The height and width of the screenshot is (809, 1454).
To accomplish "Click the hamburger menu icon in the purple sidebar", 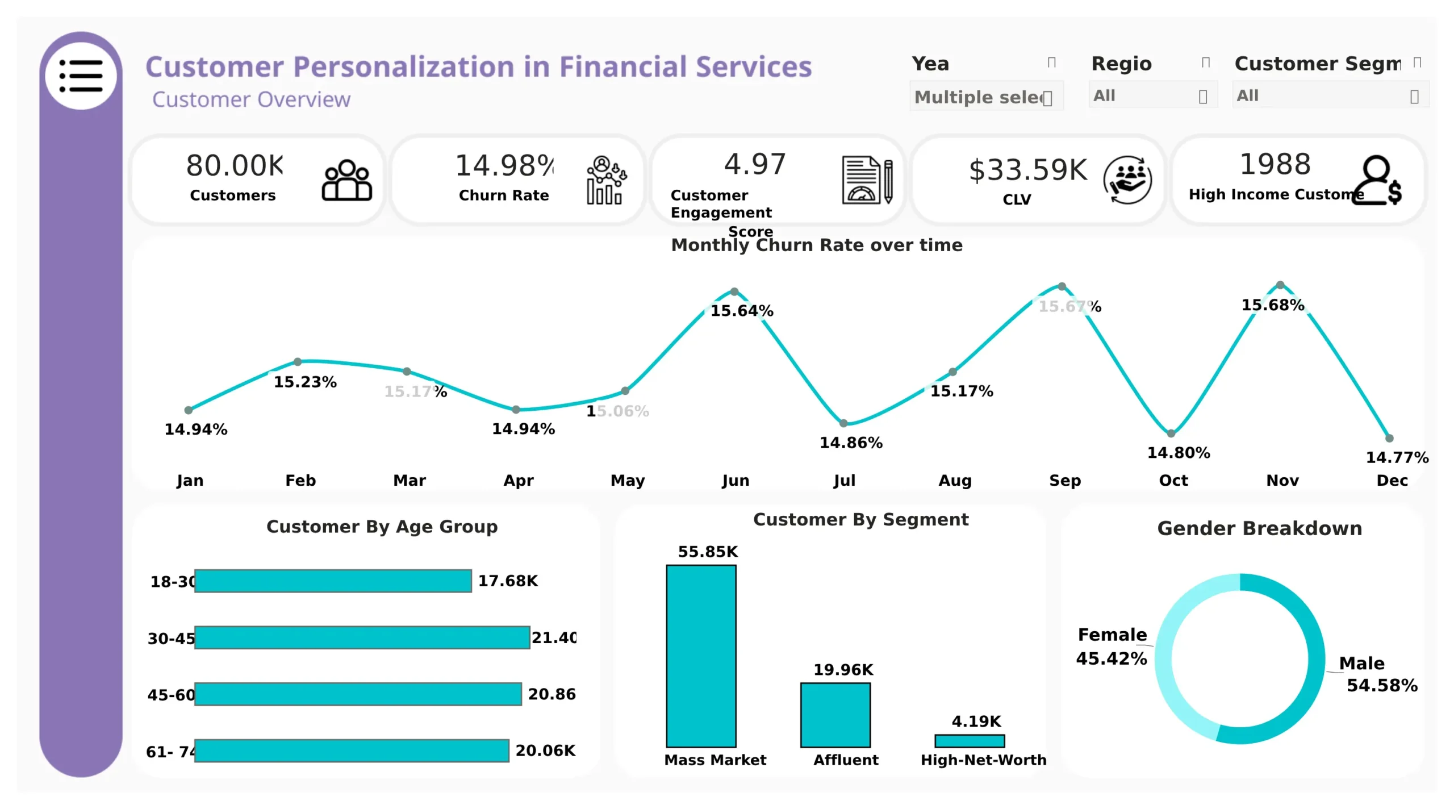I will (81, 76).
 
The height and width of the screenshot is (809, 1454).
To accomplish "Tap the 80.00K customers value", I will (235, 165).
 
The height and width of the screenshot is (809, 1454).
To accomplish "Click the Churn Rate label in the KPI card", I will (503, 195).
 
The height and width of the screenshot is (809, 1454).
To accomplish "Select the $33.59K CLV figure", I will (1027, 170).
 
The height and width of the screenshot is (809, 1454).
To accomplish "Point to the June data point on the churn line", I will (734, 291).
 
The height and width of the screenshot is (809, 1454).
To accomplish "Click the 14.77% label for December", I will (1397, 457).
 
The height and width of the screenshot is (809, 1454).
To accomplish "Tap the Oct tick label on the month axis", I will (1173, 481).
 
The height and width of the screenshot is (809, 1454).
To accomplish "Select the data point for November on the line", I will (1280, 285).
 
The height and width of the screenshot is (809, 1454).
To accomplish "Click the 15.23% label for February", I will (305, 382).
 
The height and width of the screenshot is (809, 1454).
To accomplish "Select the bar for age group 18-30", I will (333, 581).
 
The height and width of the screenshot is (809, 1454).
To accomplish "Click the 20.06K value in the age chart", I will (545, 750).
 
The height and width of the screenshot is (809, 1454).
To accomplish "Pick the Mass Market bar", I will (701, 656).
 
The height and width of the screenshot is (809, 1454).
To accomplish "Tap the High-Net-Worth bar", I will (970, 741).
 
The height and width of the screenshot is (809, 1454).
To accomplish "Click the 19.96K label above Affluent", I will (843, 670).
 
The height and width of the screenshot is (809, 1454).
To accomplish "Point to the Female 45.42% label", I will (1112, 647).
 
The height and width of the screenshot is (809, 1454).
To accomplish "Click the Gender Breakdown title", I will (1259, 528).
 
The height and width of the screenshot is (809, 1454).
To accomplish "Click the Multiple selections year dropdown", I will (985, 97).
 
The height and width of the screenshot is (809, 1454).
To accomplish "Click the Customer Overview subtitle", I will (251, 99).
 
